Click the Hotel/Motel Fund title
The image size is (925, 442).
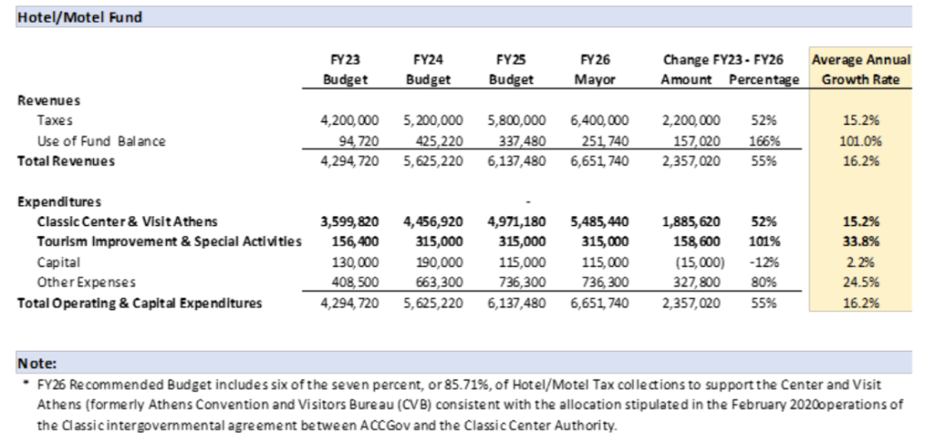[x=80, y=16]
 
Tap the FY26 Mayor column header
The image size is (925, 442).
[x=595, y=69]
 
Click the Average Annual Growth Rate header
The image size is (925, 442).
[x=859, y=69]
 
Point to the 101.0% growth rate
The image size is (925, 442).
[x=861, y=141]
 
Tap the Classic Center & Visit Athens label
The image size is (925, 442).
[x=127, y=221]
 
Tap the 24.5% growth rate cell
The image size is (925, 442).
[x=861, y=282]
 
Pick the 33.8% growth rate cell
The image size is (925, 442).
[x=861, y=241]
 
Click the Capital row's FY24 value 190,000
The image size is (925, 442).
[x=444, y=262]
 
